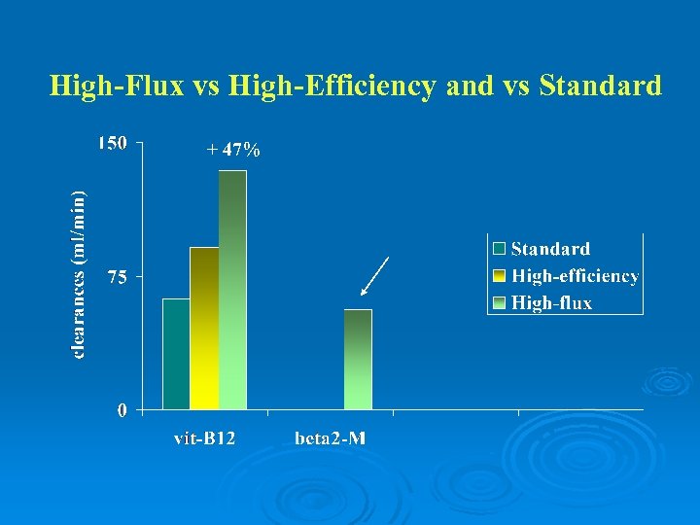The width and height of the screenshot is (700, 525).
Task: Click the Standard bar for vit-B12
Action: (176, 354)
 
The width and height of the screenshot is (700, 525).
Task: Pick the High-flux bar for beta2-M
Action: (358, 360)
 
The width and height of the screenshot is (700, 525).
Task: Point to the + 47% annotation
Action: (233, 150)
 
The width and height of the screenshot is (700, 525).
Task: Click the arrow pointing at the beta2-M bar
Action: (374, 275)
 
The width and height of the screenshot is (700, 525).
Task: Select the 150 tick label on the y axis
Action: (112, 144)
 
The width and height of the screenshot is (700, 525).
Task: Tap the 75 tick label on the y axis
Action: (117, 277)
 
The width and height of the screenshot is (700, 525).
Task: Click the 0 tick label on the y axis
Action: (122, 411)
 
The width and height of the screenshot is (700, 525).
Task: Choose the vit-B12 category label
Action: (204, 438)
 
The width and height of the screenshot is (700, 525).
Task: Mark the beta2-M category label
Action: (331, 438)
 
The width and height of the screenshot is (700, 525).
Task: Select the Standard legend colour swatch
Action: (499, 250)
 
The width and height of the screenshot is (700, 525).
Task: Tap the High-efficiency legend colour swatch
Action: (499, 276)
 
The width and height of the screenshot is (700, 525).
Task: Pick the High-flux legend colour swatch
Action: (499, 302)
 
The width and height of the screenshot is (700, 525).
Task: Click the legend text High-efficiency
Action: (575, 276)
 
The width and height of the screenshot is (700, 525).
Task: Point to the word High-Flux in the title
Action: (117, 87)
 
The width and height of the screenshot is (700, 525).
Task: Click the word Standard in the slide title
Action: (600, 87)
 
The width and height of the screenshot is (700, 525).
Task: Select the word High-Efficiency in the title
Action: (332, 87)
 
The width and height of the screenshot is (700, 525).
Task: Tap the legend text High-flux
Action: (551, 302)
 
